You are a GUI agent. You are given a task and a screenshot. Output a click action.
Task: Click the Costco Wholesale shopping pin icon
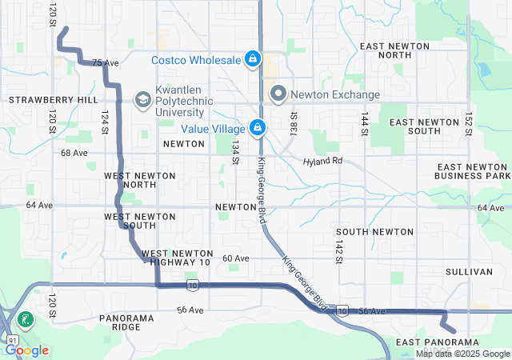pos(252,59)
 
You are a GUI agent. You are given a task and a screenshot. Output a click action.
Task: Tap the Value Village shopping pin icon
pos(258,127)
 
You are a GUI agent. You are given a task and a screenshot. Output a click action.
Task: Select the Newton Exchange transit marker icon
pos(278,94)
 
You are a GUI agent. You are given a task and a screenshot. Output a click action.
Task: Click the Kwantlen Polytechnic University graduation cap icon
pos(142,99)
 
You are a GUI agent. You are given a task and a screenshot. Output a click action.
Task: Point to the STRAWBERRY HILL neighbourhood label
pos(53,100)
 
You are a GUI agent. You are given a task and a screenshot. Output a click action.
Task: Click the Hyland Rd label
pos(322,162)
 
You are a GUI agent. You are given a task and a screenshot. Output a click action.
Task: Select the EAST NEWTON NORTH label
pos(397,51)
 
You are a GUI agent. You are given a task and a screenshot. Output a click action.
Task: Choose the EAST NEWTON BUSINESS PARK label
pos(472,170)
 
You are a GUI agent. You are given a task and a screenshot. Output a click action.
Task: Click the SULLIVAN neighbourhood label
pos(469,272)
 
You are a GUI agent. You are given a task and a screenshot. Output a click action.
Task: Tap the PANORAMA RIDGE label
pos(126,323)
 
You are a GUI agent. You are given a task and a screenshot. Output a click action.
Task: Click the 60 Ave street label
pos(236,258)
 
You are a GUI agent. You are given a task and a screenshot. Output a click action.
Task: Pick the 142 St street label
pos(339,248)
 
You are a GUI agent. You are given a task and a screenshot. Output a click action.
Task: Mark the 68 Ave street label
pos(74,153)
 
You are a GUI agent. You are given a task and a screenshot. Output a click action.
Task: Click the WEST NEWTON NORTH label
pos(130,179)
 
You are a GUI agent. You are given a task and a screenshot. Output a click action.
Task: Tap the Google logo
pos(27,350)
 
